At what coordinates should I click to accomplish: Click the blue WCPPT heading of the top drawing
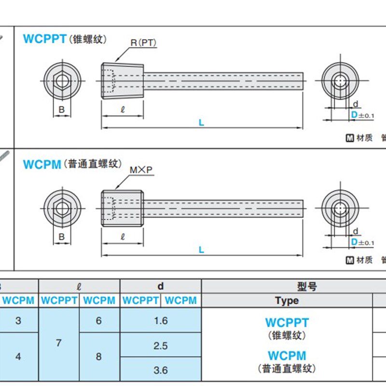(44, 39)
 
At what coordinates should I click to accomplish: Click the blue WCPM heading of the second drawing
(42, 165)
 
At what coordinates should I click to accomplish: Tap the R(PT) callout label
(143, 43)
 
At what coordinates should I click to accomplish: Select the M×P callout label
(141, 170)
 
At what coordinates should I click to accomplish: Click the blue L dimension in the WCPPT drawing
(202, 123)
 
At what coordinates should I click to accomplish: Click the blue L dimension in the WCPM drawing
(202, 249)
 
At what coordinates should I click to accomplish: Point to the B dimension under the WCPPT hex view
(62, 110)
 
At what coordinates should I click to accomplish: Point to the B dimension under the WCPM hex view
(62, 236)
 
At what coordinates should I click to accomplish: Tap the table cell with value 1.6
(161, 321)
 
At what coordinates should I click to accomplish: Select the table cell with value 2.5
(161, 345)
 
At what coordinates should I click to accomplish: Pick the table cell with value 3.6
(161, 370)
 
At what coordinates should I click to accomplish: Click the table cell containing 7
(59, 344)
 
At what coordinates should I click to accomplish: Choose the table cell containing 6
(99, 321)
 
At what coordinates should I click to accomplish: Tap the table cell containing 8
(99, 357)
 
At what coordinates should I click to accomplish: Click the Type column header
(287, 301)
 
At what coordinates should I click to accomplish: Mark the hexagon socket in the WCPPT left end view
(62, 81)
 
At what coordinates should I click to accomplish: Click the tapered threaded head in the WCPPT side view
(123, 81)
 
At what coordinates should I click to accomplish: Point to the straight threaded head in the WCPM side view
(122, 208)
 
